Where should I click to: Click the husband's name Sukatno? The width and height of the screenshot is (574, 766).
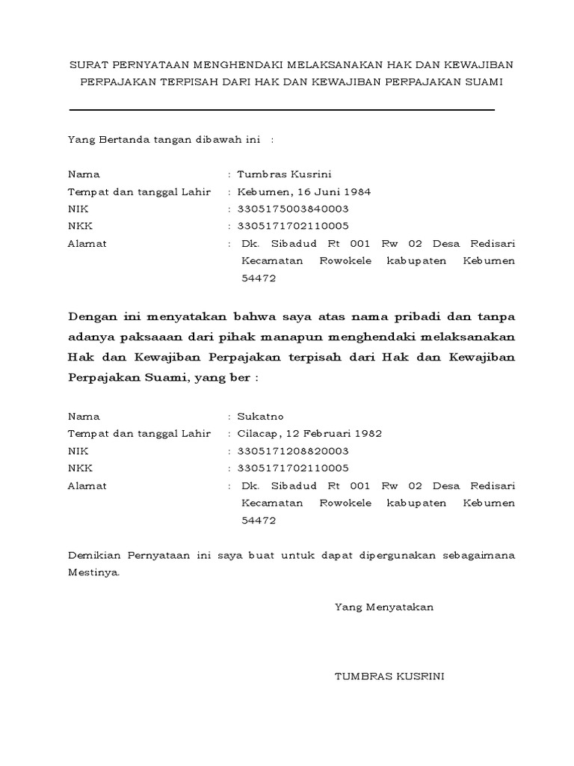261,417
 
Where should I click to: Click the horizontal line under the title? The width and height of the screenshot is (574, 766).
282,110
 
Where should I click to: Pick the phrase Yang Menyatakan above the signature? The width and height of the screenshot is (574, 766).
384,607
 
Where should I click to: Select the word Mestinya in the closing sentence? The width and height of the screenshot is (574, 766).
93,573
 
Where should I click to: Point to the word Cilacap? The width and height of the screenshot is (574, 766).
257,434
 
